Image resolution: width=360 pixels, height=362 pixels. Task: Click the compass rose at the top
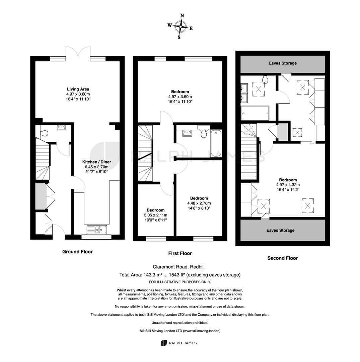click(180, 26)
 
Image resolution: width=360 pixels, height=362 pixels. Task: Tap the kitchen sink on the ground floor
click(97, 229)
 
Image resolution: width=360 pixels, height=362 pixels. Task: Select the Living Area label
click(78, 89)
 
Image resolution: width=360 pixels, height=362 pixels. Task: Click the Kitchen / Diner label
click(97, 162)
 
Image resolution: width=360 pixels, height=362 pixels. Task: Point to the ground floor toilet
click(44, 133)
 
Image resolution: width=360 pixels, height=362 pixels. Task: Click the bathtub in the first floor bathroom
click(216, 143)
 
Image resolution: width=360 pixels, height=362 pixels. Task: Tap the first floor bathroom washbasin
click(187, 133)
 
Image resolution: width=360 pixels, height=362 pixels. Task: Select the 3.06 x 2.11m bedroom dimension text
click(156, 215)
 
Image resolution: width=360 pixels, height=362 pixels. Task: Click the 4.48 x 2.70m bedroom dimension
click(199, 203)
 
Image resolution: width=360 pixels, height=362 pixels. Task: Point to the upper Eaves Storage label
click(283, 63)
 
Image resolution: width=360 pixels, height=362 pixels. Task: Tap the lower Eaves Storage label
click(280, 230)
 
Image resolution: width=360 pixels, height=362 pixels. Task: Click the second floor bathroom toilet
click(265, 80)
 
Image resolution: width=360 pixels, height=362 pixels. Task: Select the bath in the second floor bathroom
click(255, 113)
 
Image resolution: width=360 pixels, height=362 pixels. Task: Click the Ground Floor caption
click(77, 252)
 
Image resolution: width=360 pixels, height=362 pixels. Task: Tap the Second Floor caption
click(283, 258)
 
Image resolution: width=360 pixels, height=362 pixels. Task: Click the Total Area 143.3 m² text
click(180, 275)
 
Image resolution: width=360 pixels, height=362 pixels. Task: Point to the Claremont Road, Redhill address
click(179, 267)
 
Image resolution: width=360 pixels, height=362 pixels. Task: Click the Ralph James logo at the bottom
click(179, 343)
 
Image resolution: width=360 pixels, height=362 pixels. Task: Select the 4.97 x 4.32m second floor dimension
click(288, 185)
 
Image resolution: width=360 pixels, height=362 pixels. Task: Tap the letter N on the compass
click(182, 15)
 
